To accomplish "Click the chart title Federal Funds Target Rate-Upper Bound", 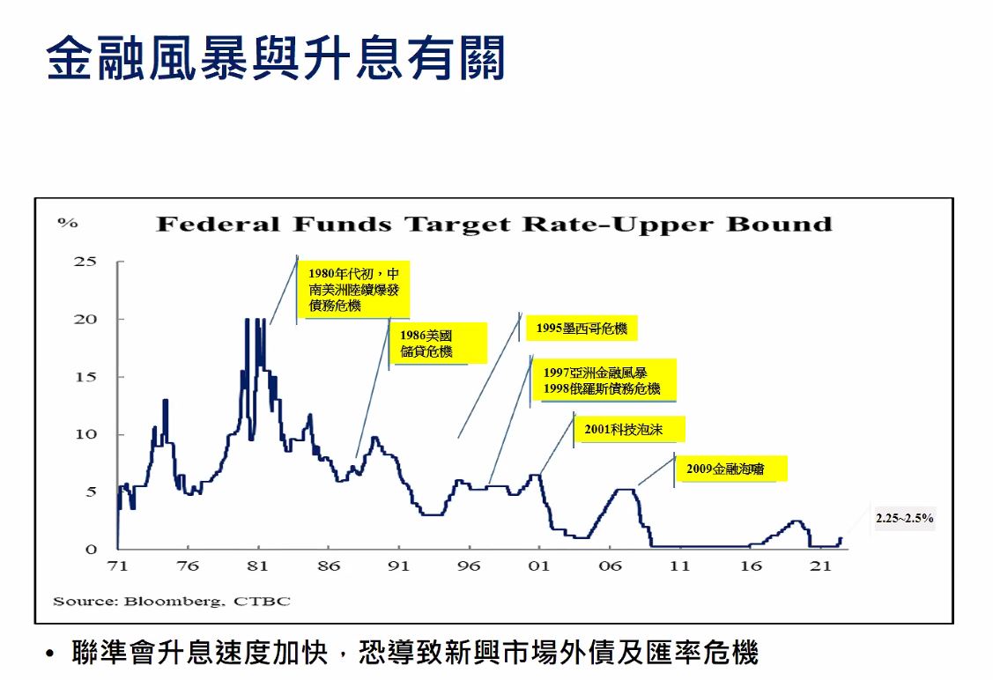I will pos(493,224).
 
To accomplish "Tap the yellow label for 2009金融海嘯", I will pos(730,469).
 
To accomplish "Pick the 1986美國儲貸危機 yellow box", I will pos(437,344).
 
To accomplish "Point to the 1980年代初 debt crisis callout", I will pos(352,289).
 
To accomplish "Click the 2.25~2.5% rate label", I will pos(904,518).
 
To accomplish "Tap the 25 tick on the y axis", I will pos(85,261).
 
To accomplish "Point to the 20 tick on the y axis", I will pos(85,319).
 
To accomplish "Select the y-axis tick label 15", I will pos(85,376).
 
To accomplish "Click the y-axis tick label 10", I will pos(85,434).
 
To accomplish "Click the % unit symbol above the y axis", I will pos(68,223).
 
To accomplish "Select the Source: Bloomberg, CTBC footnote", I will pos(172,602).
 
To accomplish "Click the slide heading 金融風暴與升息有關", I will pos(276,58).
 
